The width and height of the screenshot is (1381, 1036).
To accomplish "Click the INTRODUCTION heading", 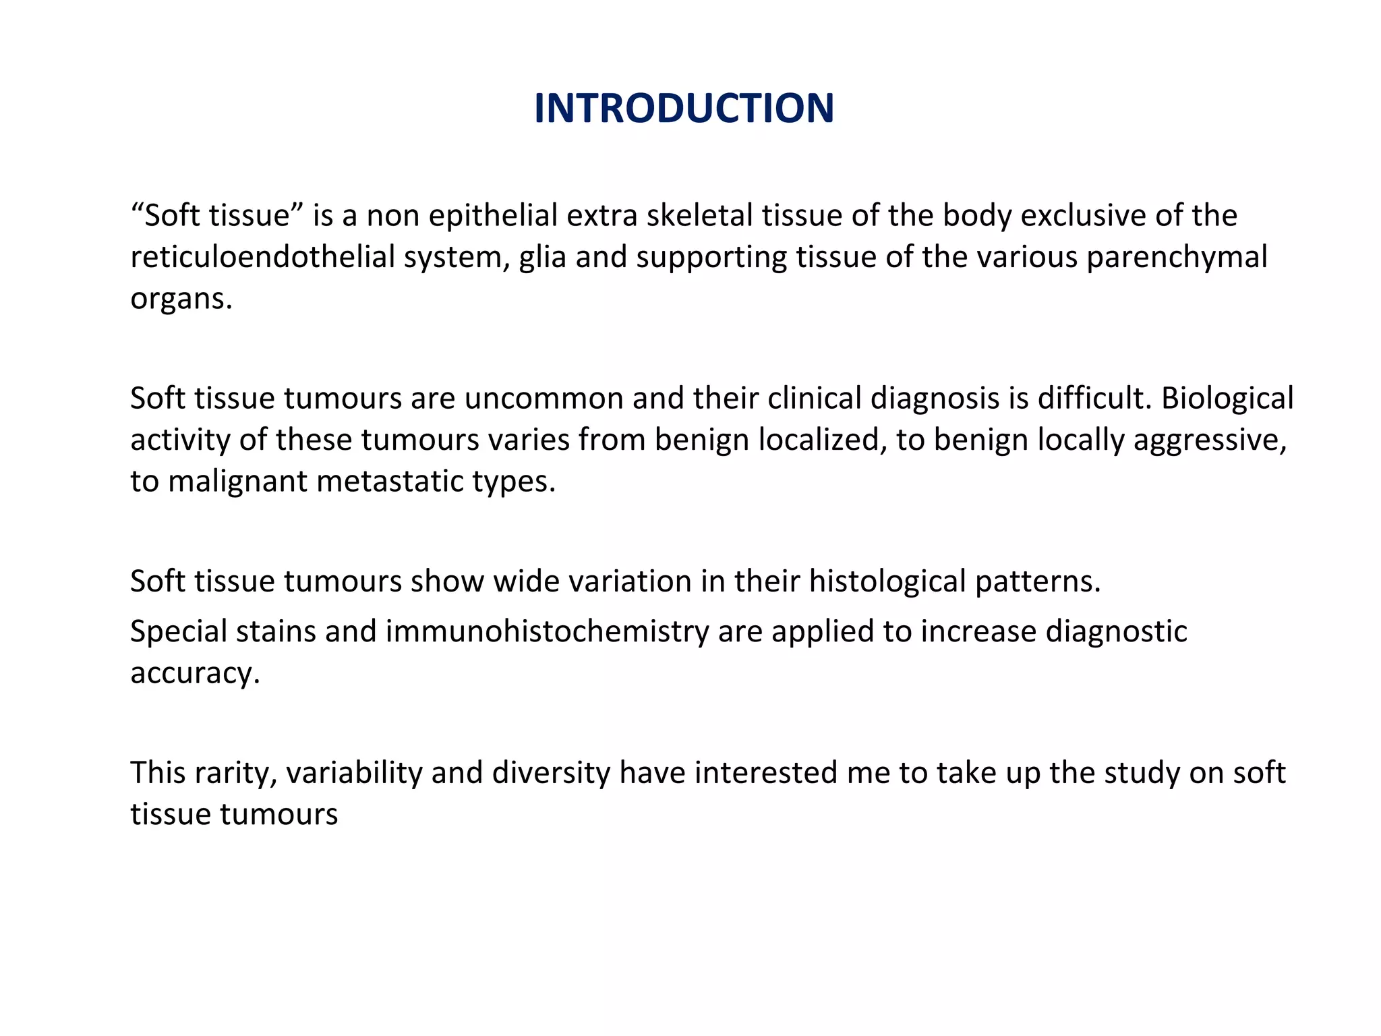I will [x=684, y=108].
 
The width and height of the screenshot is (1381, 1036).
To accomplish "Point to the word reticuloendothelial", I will [x=262, y=257].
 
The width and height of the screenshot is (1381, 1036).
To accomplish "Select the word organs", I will [x=181, y=299].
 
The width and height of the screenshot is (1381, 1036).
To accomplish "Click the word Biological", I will [x=1227, y=399].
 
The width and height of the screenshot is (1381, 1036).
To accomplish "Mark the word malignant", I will [x=237, y=482].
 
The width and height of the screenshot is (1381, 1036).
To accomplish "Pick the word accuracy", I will [x=195, y=674].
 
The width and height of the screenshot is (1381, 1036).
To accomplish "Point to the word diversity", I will [x=551, y=773].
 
